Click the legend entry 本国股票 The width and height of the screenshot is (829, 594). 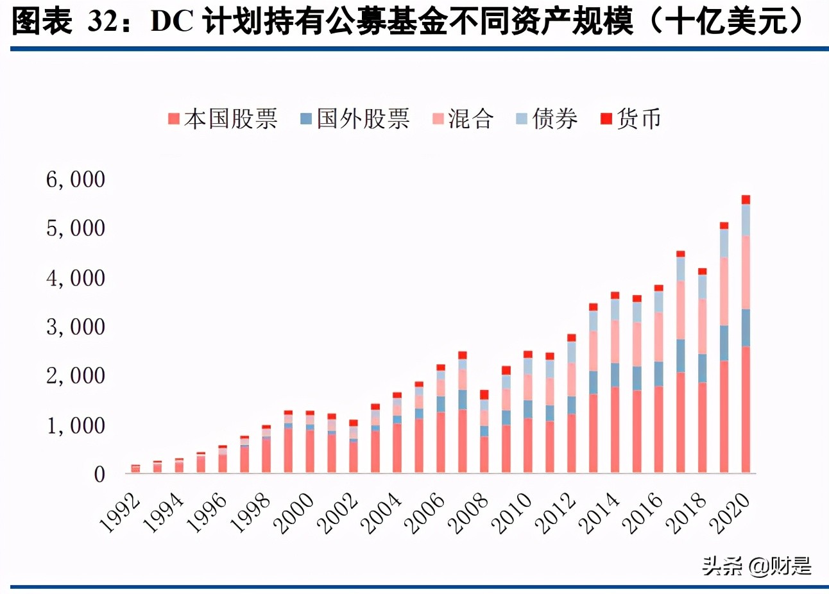click(x=223, y=119)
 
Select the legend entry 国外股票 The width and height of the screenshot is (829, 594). click(x=355, y=119)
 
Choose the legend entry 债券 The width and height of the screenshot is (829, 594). click(x=547, y=119)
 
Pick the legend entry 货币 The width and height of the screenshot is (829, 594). click(x=631, y=119)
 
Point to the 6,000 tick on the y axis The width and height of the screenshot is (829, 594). click(x=75, y=180)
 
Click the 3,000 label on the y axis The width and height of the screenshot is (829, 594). click(x=75, y=327)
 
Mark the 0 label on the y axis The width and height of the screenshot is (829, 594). click(x=99, y=475)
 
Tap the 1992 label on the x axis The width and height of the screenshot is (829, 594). click(x=121, y=513)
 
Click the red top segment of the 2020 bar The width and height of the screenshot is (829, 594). click(x=746, y=199)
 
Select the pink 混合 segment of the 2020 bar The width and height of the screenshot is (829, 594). click(x=746, y=272)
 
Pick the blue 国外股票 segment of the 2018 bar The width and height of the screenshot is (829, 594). click(x=702, y=368)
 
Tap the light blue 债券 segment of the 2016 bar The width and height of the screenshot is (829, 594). click(x=658, y=301)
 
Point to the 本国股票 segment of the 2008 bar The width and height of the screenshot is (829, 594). click(x=484, y=455)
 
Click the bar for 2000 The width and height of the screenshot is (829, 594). click(x=310, y=443)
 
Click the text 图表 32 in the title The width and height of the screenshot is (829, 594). click(x=64, y=22)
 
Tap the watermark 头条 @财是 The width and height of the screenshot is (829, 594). click(x=756, y=565)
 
